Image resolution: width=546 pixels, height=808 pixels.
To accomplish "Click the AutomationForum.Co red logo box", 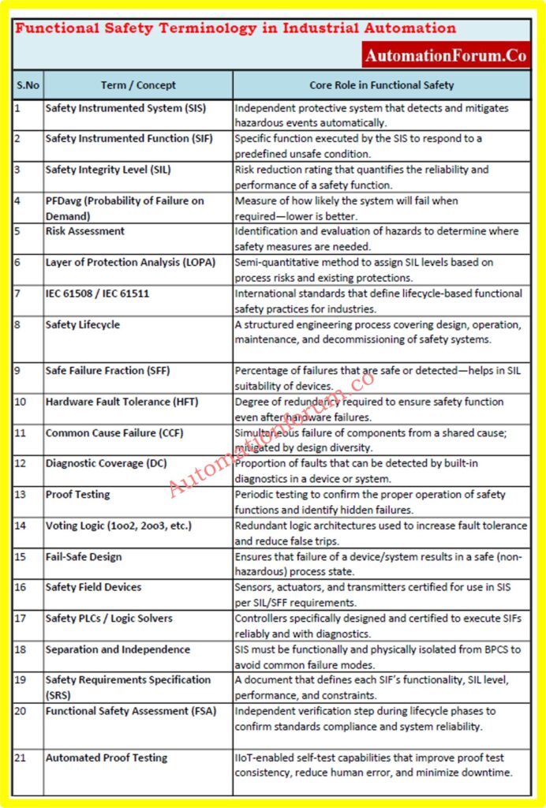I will click(x=446, y=55).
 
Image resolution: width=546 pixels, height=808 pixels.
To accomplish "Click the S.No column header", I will click(x=28, y=85).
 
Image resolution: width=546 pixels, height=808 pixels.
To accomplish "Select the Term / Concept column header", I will click(x=138, y=85).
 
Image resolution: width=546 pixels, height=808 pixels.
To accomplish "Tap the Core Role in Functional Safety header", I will click(x=381, y=85).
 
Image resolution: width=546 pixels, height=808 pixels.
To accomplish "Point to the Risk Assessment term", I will click(x=85, y=231).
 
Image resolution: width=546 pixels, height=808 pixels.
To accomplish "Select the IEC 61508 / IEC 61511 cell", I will click(x=97, y=294).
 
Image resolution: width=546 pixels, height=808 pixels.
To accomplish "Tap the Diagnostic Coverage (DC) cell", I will click(x=106, y=463).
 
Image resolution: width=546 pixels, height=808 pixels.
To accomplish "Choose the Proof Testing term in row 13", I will click(x=77, y=495).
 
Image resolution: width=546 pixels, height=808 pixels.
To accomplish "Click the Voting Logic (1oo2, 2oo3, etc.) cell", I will click(x=118, y=526).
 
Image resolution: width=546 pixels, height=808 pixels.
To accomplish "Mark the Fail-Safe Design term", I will click(x=84, y=556).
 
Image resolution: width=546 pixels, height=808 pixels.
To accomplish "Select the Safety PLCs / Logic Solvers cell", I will click(x=109, y=619).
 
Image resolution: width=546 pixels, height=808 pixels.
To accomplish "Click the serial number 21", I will click(x=21, y=758).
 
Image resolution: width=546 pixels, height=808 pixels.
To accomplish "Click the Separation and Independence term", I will click(x=118, y=649).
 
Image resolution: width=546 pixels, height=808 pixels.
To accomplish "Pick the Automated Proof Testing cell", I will click(x=107, y=758).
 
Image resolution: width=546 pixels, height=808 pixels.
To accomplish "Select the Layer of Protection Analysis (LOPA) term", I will click(x=130, y=262).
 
